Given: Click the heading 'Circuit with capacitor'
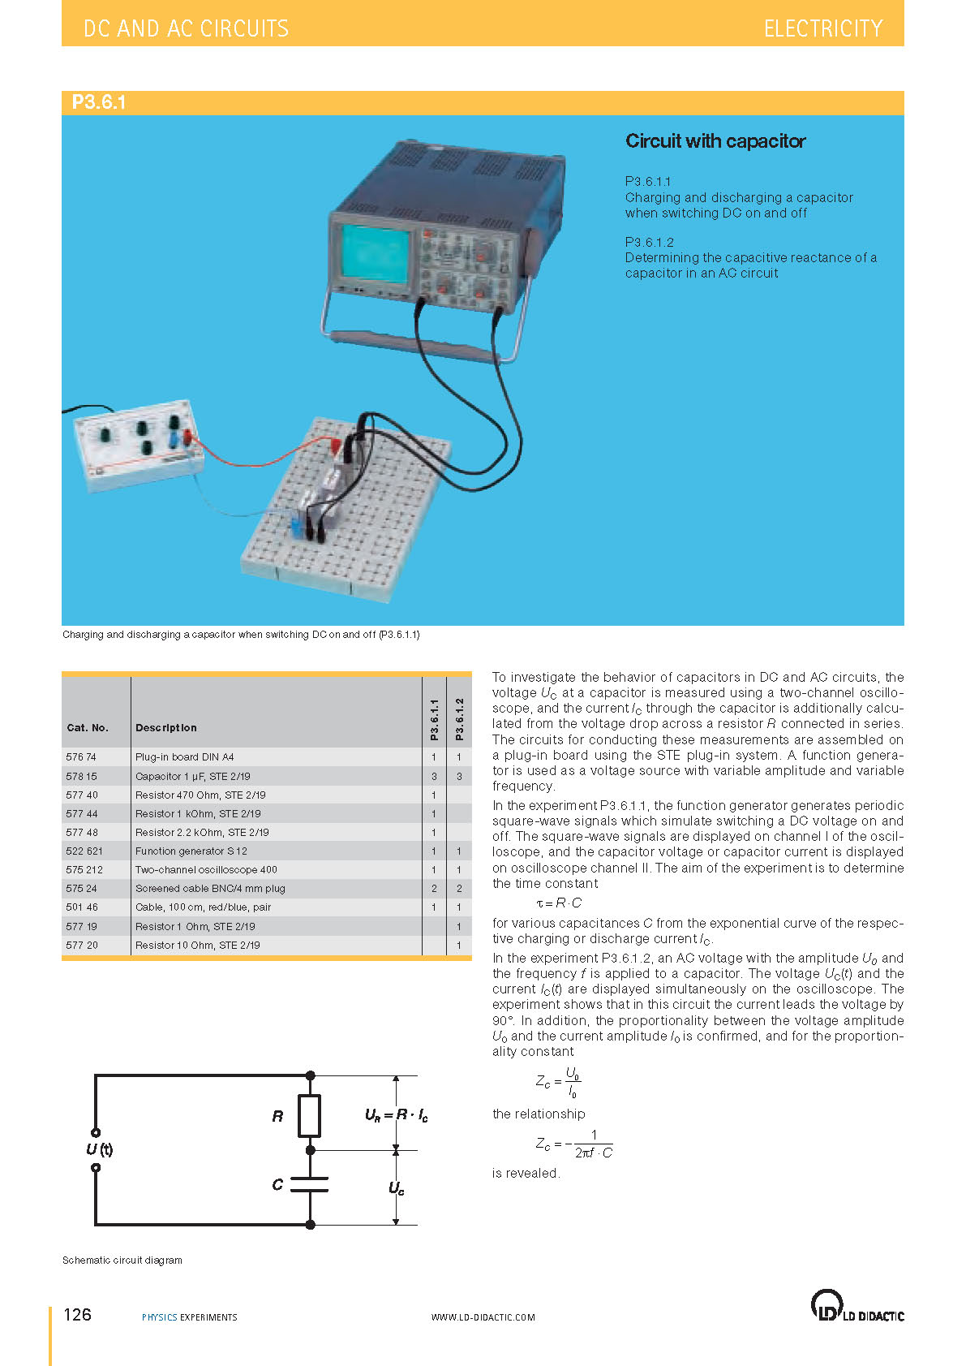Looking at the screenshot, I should click(715, 141).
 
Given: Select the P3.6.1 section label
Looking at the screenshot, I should click(98, 102).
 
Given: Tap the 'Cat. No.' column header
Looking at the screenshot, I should click(88, 728).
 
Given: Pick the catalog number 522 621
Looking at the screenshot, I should click(84, 851).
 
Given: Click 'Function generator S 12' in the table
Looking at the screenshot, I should click(191, 851).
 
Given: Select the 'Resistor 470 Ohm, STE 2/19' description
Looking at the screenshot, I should click(200, 795).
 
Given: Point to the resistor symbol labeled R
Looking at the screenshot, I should click(310, 1115).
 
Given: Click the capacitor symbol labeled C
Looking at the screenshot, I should click(310, 1185).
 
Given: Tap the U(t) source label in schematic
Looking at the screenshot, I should click(100, 1149).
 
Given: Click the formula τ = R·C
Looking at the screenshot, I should click(559, 903).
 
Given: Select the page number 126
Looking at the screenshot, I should click(78, 1315).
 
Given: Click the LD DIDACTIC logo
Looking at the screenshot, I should click(857, 1307).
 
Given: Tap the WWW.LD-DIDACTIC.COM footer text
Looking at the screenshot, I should click(483, 1317).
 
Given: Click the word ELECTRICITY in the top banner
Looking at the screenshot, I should click(822, 29).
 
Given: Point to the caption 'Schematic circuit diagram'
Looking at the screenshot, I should click(122, 1260).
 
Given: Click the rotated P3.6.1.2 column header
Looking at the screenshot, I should click(459, 719).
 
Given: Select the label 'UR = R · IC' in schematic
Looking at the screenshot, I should click(397, 1116).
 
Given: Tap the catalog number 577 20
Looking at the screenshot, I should click(82, 946).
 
